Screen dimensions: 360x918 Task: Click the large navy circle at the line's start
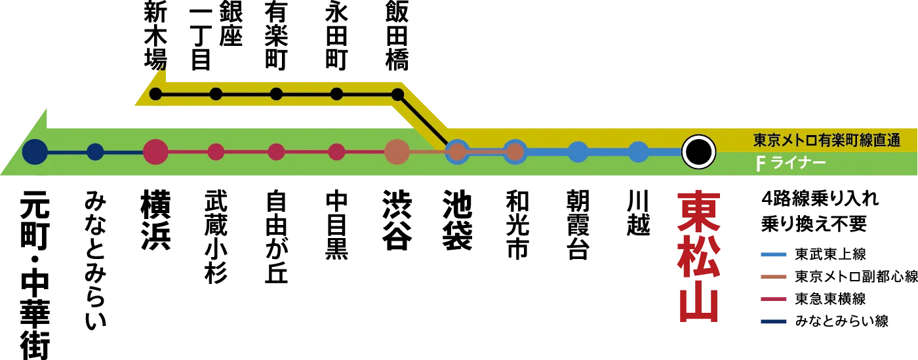coord(35,152)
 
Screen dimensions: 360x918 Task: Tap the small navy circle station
coord(95,152)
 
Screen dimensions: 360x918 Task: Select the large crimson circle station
coord(155,152)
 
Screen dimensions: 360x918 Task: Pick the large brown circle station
coord(397,152)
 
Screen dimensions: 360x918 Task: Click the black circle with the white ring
coord(698,152)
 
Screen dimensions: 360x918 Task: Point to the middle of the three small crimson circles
coord(276,152)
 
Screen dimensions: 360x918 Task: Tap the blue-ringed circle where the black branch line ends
coord(457,152)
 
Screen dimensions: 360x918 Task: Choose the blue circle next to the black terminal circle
coord(638,152)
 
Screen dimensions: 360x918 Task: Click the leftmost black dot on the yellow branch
coord(155,94)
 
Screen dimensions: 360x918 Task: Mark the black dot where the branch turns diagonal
coord(397,94)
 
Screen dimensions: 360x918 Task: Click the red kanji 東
coord(699,210)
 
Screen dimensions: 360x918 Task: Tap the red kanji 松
coord(699,256)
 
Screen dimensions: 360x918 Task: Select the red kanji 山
coord(699,303)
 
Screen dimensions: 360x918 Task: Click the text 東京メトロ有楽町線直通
coord(826,140)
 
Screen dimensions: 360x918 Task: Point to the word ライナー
coord(798,163)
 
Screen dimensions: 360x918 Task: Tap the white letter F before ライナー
coord(761,163)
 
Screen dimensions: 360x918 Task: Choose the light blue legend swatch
coord(773,254)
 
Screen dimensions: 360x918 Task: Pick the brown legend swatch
coord(773,277)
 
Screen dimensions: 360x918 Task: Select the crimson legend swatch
coord(773,299)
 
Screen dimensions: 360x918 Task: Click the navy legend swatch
coord(773,320)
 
